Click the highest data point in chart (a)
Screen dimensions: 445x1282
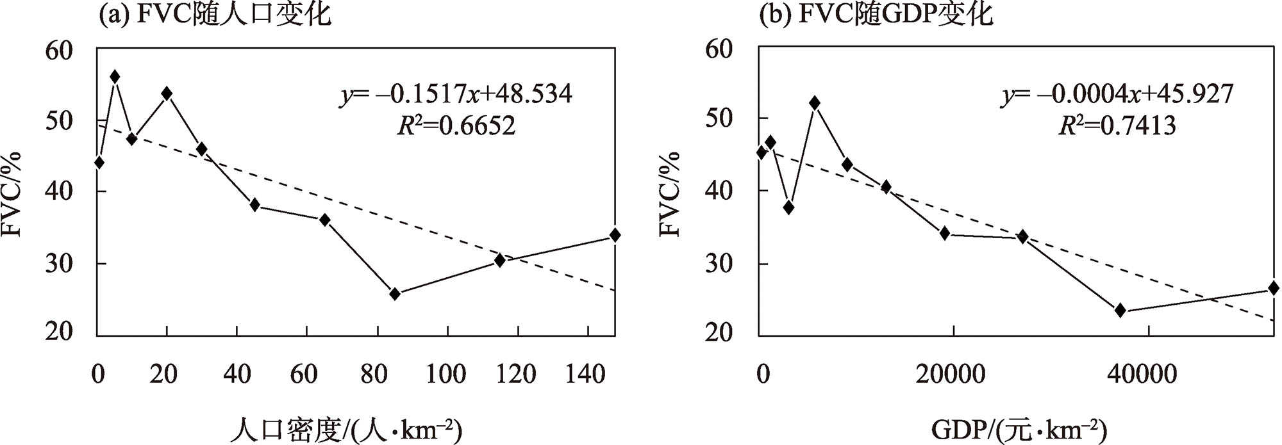[x=115, y=77]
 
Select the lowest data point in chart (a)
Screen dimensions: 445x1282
[x=395, y=294]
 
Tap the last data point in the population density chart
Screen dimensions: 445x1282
[x=615, y=235]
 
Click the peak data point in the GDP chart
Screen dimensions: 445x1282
[x=815, y=102]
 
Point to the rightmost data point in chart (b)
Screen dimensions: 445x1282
[x=1273, y=289]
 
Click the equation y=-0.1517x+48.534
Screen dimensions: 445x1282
[x=456, y=95]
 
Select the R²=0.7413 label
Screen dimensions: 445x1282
[x=1117, y=126]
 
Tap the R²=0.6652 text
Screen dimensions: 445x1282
[x=456, y=126]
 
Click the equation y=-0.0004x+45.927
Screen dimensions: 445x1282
[x=1118, y=95]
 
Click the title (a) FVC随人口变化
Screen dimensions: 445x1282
[x=214, y=14]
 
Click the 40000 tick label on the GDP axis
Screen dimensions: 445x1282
[x=1147, y=373]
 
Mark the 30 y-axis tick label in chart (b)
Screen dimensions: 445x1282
[x=720, y=264]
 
